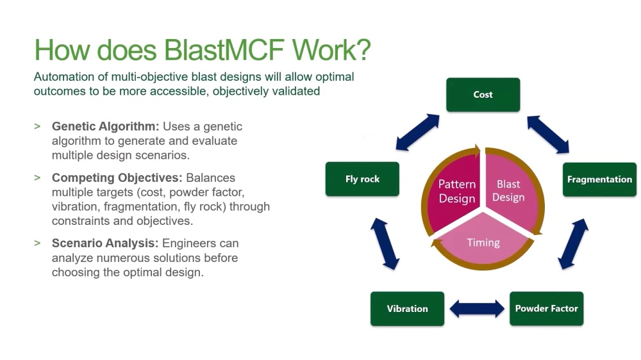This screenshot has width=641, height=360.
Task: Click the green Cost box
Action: [483, 95]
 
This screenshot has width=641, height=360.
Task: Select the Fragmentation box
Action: [599, 179]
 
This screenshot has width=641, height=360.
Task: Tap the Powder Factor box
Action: [546, 309]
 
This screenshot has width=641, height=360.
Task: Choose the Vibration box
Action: [407, 309]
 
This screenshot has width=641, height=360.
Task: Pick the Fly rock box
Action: [362, 179]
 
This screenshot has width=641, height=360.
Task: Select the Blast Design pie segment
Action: [510, 191]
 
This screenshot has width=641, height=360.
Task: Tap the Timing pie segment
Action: [483, 242]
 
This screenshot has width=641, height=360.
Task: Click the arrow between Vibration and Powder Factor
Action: [476, 309]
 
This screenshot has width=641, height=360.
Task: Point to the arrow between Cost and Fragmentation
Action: [547, 135]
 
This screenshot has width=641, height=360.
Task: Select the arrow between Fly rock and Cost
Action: [417, 133]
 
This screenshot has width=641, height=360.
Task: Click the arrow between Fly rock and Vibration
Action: [385, 243]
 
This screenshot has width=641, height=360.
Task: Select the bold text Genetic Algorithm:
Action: [105, 127]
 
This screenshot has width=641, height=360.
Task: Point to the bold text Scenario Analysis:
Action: [105, 243]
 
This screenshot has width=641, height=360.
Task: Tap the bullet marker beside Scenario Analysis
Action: [37, 243]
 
